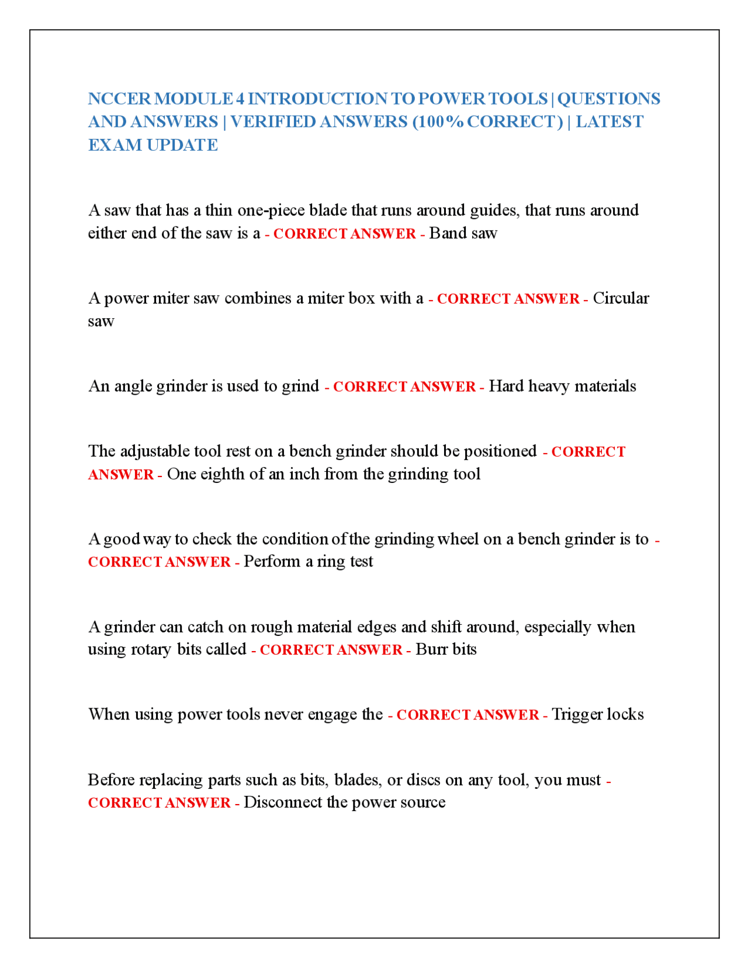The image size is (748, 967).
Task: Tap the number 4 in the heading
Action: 239,99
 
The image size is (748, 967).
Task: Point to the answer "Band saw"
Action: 463,233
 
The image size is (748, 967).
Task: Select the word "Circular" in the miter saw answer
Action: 621,298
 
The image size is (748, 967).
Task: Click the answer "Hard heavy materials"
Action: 562,386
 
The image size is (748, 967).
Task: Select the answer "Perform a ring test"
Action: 308,561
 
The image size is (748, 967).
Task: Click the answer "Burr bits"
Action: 446,649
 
